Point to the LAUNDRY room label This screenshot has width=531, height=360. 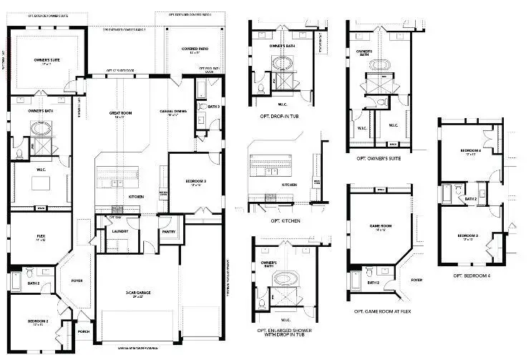(x=119, y=230)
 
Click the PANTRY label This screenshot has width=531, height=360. (x=169, y=231)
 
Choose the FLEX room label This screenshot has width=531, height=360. (x=42, y=235)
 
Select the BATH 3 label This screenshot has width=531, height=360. (x=212, y=107)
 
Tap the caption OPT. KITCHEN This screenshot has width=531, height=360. (x=285, y=221)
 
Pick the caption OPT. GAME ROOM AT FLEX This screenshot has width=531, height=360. (x=382, y=312)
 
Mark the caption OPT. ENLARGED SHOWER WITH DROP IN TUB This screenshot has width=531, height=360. (x=288, y=334)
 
